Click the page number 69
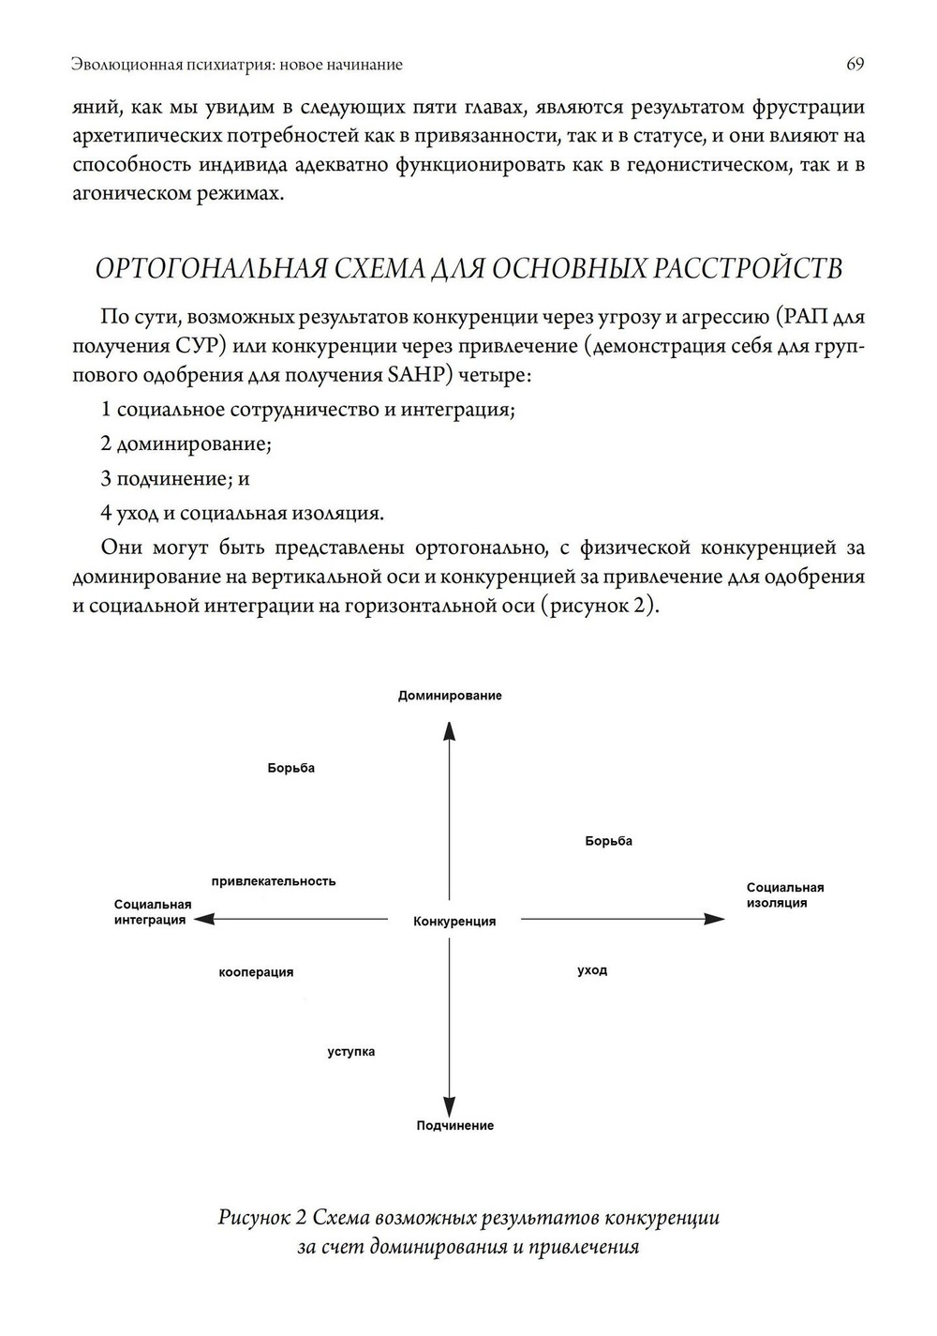(x=855, y=64)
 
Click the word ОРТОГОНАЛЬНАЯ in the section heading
(x=212, y=269)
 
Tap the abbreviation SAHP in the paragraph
(x=409, y=375)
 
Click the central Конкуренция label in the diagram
(x=454, y=922)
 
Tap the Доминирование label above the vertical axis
(x=450, y=696)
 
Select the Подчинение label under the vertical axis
(x=454, y=1125)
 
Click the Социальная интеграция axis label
(x=152, y=912)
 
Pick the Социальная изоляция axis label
(x=784, y=895)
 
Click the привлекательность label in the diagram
(x=274, y=881)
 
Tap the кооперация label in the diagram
(x=256, y=972)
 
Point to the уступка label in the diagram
(x=351, y=1052)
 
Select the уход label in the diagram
(x=592, y=970)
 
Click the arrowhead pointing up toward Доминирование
(x=450, y=731)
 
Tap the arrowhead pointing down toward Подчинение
(x=450, y=1106)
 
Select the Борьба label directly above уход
(x=609, y=841)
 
